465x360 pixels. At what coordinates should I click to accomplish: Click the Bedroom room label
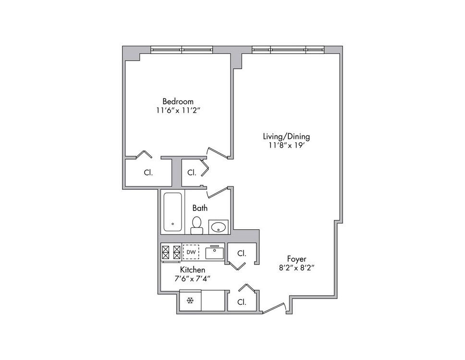(x=178, y=101)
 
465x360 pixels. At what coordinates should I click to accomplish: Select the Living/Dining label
(x=286, y=137)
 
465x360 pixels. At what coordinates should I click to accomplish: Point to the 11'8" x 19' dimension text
(x=287, y=146)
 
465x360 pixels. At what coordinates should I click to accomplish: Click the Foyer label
(x=296, y=259)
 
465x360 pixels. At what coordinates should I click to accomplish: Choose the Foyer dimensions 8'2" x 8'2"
(x=296, y=268)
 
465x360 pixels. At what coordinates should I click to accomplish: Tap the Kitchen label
(x=193, y=270)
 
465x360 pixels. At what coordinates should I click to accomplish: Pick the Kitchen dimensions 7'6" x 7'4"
(x=193, y=279)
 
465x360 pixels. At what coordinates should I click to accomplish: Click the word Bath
(x=200, y=208)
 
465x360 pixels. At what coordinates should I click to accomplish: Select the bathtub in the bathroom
(x=172, y=212)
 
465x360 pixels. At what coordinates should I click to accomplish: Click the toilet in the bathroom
(x=196, y=225)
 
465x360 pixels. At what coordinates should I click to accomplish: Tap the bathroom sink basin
(x=219, y=227)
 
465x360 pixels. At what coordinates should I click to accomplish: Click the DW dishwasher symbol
(x=191, y=252)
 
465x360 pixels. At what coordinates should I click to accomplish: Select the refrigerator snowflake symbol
(x=190, y=301)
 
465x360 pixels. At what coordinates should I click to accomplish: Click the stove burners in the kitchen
(x=171, y=252)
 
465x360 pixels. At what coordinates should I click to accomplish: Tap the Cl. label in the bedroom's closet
(x=148, y=173)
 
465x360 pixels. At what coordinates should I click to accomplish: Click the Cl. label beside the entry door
(x=242, y=302)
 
